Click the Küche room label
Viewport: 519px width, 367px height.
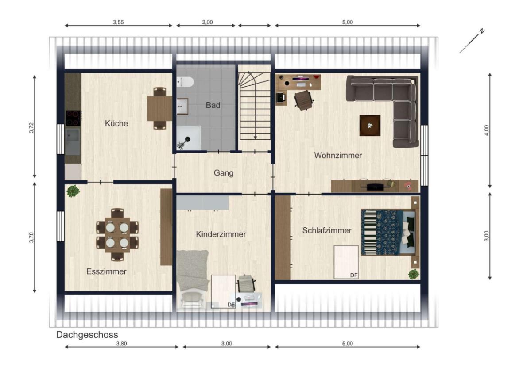point(116,123)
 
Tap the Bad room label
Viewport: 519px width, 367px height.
point(213,105)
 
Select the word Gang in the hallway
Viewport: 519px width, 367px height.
point(224,173)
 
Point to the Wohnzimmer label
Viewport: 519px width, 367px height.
point(338,155)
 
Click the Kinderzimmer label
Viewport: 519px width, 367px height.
point(221,234)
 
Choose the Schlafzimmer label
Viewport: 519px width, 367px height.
point(327,230)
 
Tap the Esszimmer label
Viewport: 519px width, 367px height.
point(106,271)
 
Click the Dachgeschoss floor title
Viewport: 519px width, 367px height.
point(87,335)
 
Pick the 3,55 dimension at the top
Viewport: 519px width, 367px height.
point(118,22)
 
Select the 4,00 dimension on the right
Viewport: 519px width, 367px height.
point(486,130)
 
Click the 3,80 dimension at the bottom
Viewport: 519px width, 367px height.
point(121,344)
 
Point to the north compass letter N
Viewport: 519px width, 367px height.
point(482,31)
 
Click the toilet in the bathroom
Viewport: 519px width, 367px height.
point(185,82)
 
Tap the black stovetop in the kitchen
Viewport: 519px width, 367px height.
point(73,118)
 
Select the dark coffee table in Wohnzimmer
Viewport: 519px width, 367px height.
point(370,125)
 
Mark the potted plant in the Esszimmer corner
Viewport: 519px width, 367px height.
point(73,191)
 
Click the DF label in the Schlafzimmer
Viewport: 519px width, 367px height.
point(354,275)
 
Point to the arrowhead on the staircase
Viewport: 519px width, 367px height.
point(256,137)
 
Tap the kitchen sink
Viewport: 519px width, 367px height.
point(73,136)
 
